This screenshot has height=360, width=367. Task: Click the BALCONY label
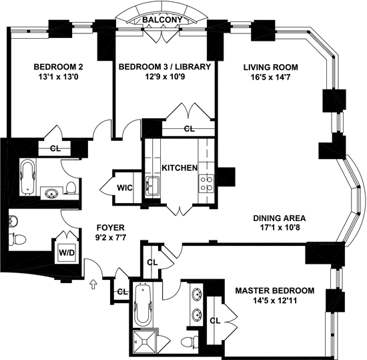[162, 19]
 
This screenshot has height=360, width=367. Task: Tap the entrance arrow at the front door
[93, 284]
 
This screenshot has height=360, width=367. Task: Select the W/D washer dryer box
[67, 252]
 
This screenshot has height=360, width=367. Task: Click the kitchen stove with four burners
[206, 184]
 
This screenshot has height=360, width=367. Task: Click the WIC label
[125, 188]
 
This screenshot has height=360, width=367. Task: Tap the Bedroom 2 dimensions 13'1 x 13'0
[58, 77]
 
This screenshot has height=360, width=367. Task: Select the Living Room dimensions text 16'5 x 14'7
[270, 77]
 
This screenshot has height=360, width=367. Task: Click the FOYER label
[111, 228]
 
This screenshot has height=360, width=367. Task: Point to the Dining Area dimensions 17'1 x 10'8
[280, 228]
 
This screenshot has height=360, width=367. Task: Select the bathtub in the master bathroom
[143, 305]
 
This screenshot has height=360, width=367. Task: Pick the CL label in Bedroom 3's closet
[189, 129]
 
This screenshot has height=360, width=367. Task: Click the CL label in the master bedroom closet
[215, 321]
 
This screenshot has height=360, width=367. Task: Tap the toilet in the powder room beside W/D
[17, 239]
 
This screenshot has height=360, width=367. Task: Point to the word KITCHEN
[179, 168]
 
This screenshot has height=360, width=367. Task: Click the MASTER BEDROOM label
[275, 291]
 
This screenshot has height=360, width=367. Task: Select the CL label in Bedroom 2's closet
[55, 148]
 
